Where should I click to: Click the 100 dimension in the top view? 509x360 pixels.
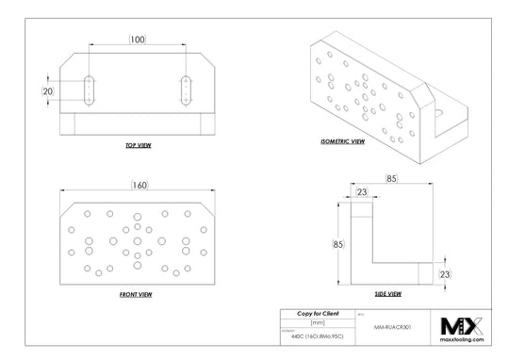coord(138,39)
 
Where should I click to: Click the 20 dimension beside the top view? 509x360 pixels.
coord(48,90)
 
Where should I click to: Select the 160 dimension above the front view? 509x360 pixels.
coord(139,186)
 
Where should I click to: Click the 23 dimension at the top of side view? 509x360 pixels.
coord(362,193)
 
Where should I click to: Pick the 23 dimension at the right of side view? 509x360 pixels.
coord(447,273)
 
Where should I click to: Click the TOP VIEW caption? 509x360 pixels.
coord(138,146)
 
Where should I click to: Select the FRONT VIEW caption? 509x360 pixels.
coord(136,294)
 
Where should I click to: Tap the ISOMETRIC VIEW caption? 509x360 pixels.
coord(342,141)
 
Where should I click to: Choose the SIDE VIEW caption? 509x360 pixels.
coord(388,294)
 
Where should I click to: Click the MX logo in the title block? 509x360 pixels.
coord(462,325)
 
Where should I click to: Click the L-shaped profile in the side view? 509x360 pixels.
coord(362,254)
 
